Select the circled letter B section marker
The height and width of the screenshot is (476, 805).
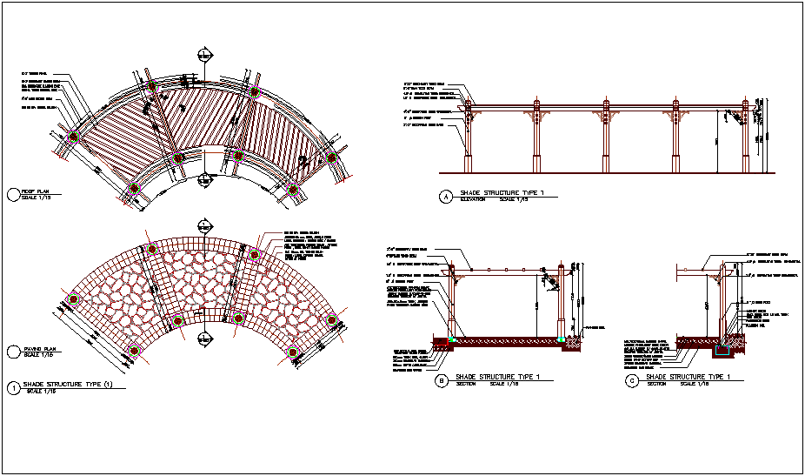(442, 379)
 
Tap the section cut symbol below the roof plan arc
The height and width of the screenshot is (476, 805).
(205, 180)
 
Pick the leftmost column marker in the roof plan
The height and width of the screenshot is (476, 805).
(74, 137)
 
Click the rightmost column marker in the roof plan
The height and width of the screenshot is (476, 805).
(330, 158)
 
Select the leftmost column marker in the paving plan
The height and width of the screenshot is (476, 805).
(74, 298)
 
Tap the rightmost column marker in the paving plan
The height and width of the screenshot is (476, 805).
(330, 320)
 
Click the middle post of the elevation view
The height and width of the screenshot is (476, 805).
(603, 139)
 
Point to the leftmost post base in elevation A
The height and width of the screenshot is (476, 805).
(469, 164)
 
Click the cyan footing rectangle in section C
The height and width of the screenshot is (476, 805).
(720, 351)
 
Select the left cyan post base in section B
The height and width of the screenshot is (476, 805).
(452, 338)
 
